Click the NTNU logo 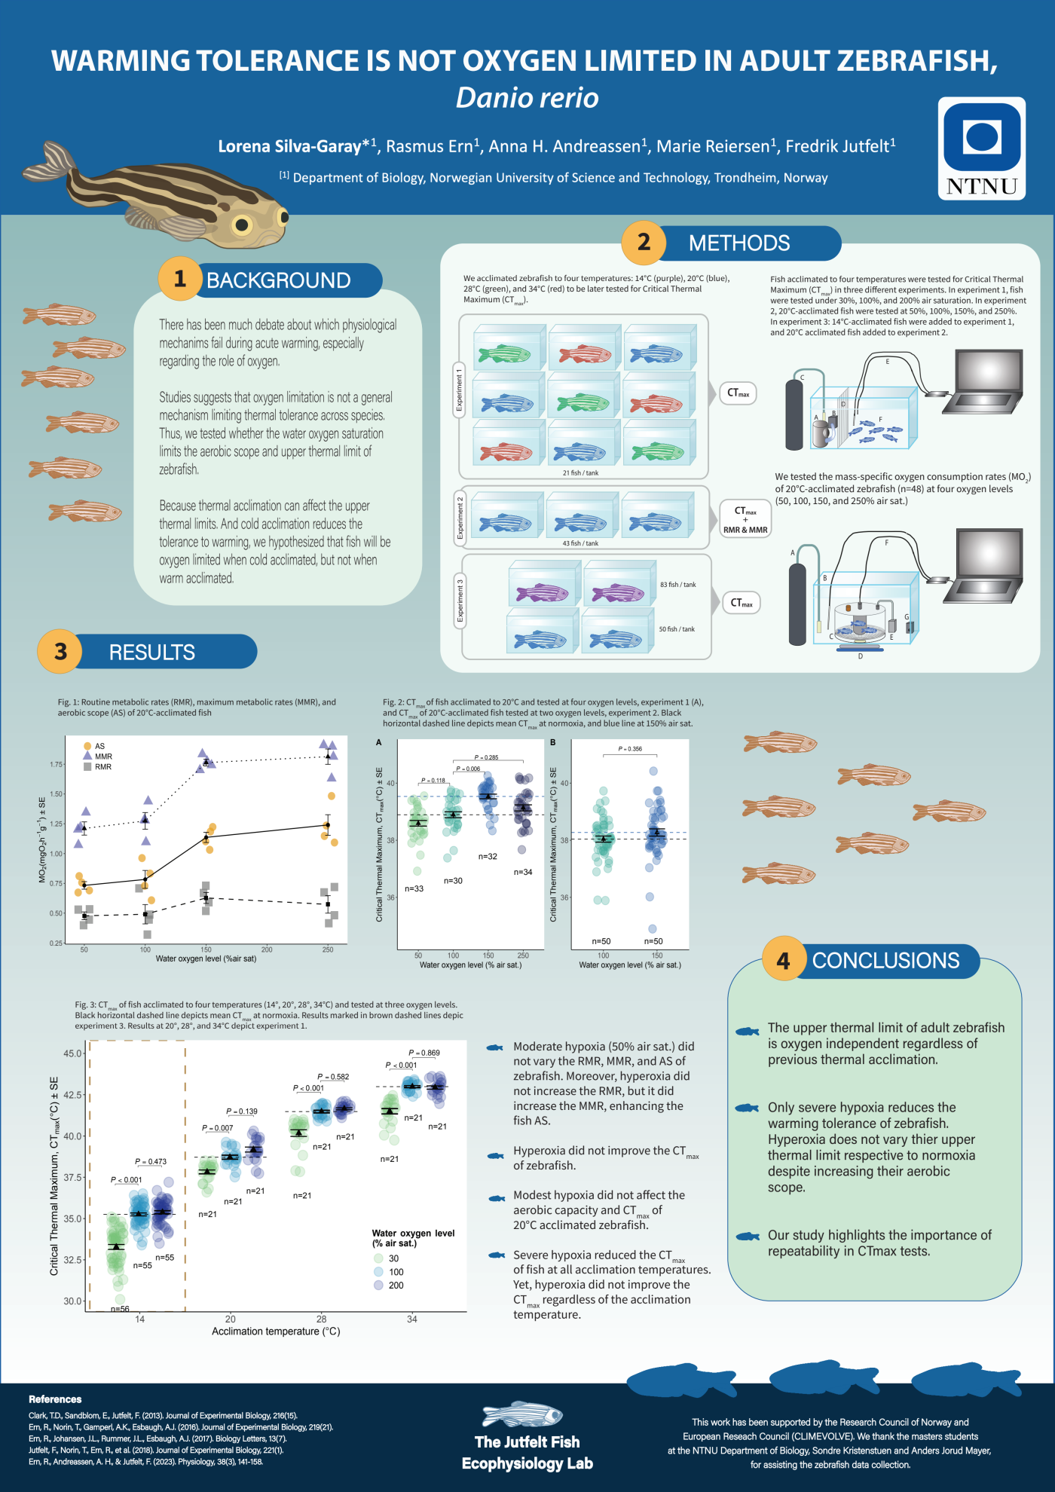pyautogui.click(x=981, y=148)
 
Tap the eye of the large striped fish pyautogui.click(x=242, y=224)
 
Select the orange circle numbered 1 pyautogui.click(x=179, y=280)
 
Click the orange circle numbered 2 pyautogui.click(x=644, y=243)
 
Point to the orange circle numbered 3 pyautogui.click(x=60, y=651)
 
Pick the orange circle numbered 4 pyautogui.click(x=784, y=961)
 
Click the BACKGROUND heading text pyautogui.click(x=278, y=280)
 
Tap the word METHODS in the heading pyautogui.click(x=738, y=243)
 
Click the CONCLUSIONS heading pyautogui.click(x=885, y=961)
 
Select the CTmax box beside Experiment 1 pyautogui.click(x=738, y=393)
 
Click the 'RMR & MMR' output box pyautogui.click(x=745, y=530)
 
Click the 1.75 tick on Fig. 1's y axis pyautogui.click(x=56, y=765)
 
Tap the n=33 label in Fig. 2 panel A pyautogui.click(x=414, y=889)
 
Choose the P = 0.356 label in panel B pyautogui.click(x=630, y=749)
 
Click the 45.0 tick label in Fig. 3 pyautogui.click(x=73, y=1053)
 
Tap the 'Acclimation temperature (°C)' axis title pyautogui.click(x=276, y=1331)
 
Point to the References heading pyautogui.click(x=55, y=1399)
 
